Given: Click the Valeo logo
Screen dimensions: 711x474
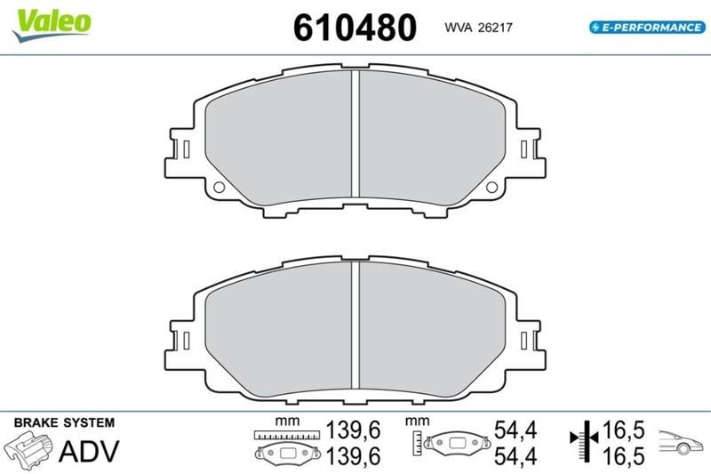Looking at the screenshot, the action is point(52,25).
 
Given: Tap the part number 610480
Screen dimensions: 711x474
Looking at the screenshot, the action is point(355,28).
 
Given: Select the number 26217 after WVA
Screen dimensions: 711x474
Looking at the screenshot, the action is point(496,28).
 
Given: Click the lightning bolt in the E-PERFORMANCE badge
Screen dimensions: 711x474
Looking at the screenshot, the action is point(595,28).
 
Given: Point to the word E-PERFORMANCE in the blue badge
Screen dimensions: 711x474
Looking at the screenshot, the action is point(651,28).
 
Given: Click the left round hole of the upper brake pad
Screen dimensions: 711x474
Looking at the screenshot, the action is point(219,188).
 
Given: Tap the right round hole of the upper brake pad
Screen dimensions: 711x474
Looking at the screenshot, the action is point(491,187).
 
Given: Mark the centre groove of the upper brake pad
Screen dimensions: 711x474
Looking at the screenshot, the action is point(355,133).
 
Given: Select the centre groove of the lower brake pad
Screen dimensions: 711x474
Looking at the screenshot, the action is point(355,325).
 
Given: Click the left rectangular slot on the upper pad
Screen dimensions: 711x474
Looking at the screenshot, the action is point(186,149).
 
